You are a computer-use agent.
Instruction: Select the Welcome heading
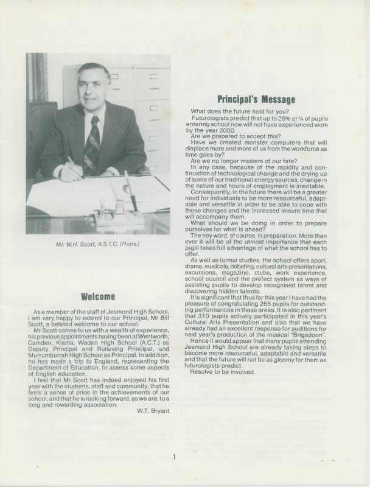(97, 296)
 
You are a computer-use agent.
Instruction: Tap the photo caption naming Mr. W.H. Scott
(97, 245)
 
